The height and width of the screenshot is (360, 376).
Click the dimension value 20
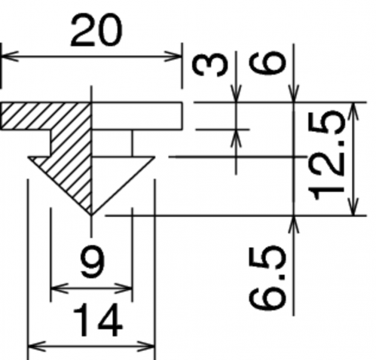coord(96,31)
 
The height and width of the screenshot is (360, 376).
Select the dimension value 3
coord(210,66)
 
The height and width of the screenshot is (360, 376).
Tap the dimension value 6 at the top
coord(267,63)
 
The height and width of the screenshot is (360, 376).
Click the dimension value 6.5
coord(267,278)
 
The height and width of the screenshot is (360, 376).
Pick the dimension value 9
coord(92,262)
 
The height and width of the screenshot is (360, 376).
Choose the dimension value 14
coord(98,320)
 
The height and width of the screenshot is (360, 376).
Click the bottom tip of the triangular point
coord(91,215)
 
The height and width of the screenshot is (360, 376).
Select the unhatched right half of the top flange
coord(137,116)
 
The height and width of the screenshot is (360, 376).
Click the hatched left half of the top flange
coord(46,116)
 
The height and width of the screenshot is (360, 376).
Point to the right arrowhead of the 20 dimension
coord(173,56)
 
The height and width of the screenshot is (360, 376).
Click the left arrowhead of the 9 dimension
coord(60,288)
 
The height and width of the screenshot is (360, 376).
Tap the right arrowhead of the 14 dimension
coord(145,346)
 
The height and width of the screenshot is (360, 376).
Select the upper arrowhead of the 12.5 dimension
coord(353,111)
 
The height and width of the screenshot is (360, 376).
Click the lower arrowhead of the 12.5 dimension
coord(353,206)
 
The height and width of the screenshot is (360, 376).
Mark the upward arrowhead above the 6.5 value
coord(294,224)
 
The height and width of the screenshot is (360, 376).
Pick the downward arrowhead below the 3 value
coord(236,93)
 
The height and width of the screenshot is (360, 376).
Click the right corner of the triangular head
coord(154,157)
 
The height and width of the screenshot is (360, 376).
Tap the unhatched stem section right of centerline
coord(112,144)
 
